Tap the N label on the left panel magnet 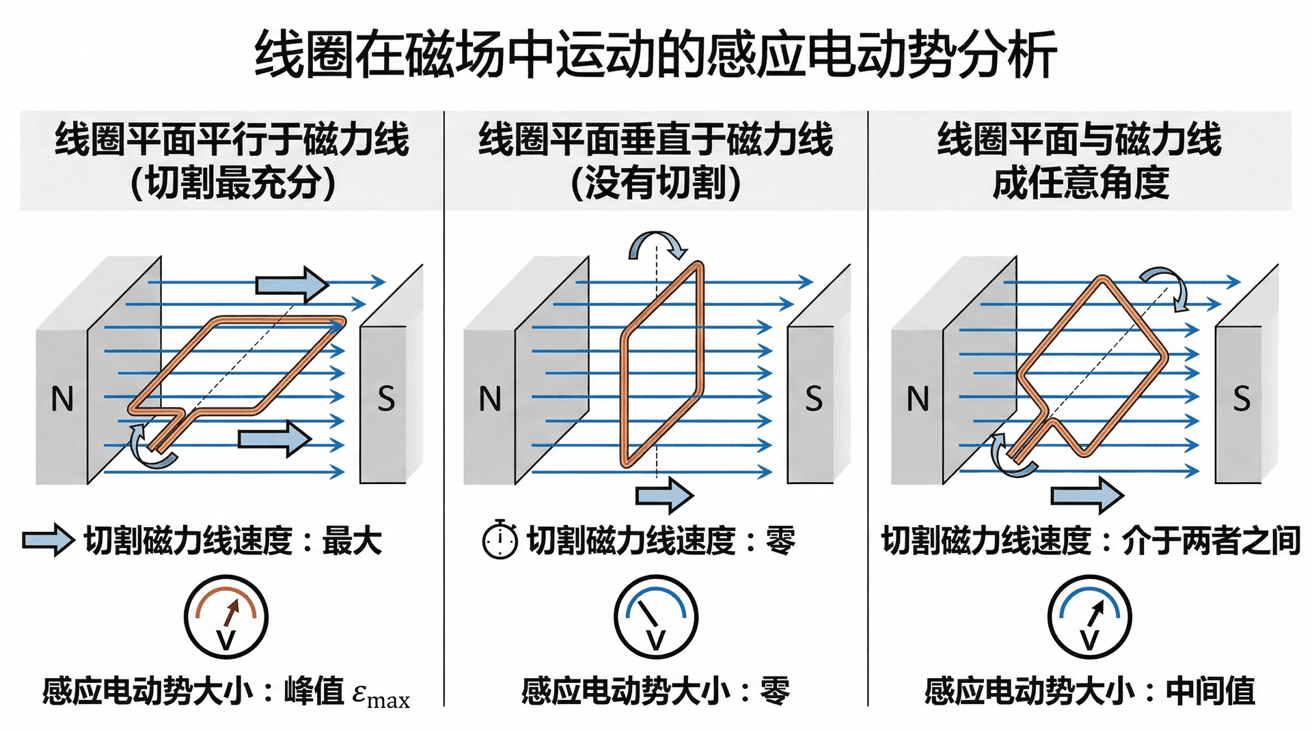(62, 399)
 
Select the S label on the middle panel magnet (813, 399)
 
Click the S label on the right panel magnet (1242, 399)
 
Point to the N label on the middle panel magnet (490, 399)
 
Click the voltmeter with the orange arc (226, 617)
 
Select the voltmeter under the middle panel (656, 617)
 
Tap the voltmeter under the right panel (1090, 617)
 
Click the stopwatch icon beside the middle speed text (500, 540)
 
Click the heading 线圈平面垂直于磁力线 (656, 139)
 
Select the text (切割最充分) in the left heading (233, 183)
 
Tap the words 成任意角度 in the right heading (1080, 183)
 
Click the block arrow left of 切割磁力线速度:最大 (48, 541)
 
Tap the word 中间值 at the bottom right (1210, 691)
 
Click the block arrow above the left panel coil (292, 285)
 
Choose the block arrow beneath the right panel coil (1086, 494)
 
